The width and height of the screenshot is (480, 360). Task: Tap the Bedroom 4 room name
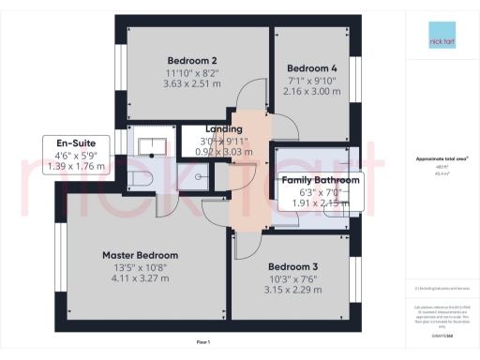click(311, 68)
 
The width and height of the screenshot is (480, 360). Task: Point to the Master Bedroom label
click(140, 255)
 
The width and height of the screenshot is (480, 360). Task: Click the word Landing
click(224, 128)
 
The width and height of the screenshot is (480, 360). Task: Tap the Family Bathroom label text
click(320, 180)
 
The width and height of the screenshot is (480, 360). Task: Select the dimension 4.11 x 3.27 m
click(140, 278)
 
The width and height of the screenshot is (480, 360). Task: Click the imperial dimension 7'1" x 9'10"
click(311, 81)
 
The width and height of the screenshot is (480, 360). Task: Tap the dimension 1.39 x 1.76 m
click(78, 167)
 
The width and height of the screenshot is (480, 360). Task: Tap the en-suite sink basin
click(154, 143)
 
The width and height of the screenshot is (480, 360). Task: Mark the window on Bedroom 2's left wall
click(119, 71)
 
